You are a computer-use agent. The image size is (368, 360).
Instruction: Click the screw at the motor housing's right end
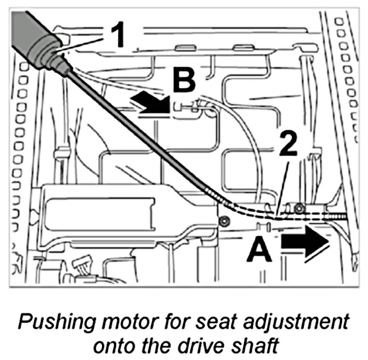(x=224, y=221)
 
